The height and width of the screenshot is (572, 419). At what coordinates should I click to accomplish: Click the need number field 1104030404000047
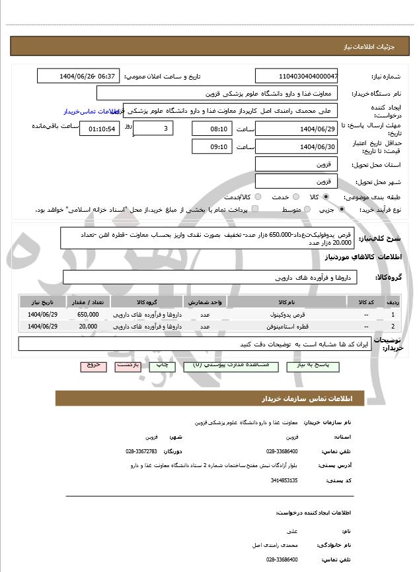296,76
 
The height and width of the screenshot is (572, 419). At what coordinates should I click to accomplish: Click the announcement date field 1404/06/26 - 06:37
79,76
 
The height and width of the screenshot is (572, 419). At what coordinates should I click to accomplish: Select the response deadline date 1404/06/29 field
296,128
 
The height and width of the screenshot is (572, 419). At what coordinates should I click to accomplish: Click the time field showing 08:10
211,128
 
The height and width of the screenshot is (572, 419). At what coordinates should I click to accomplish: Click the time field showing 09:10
211,146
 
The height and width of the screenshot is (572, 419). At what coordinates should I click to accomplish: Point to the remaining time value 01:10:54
101,128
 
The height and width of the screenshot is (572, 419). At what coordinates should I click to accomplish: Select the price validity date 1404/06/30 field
296,146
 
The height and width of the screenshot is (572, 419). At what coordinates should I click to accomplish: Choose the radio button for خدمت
295,197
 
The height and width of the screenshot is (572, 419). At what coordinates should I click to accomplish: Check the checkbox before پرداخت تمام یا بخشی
255,209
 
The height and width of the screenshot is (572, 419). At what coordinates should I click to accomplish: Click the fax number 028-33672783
141,451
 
